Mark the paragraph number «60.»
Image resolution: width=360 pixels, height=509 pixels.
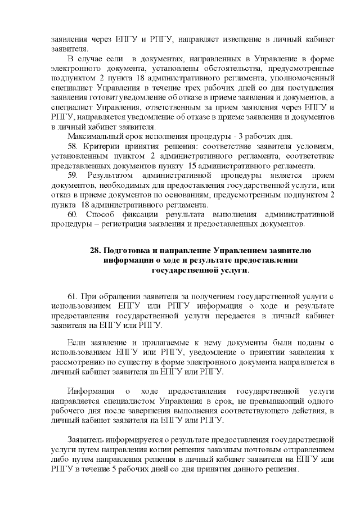(73, 215)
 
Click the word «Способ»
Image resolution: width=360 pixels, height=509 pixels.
(103, 215)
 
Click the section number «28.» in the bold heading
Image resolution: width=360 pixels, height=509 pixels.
(97, 250)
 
